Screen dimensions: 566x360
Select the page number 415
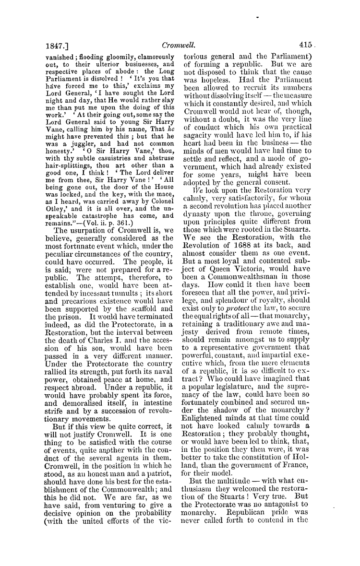click(x=305, y=45)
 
